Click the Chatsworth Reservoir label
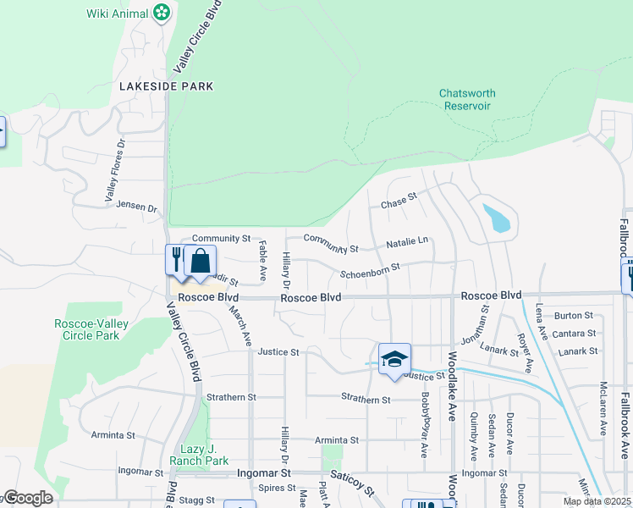click(467, 99)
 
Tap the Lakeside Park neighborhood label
click(166, 86)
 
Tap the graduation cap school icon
click(394, 358)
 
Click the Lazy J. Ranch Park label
click(205, 455)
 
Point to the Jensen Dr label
click(137, 207)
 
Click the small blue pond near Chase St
click(497, 218)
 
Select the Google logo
click(27, 498)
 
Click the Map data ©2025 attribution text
click(597, 501)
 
